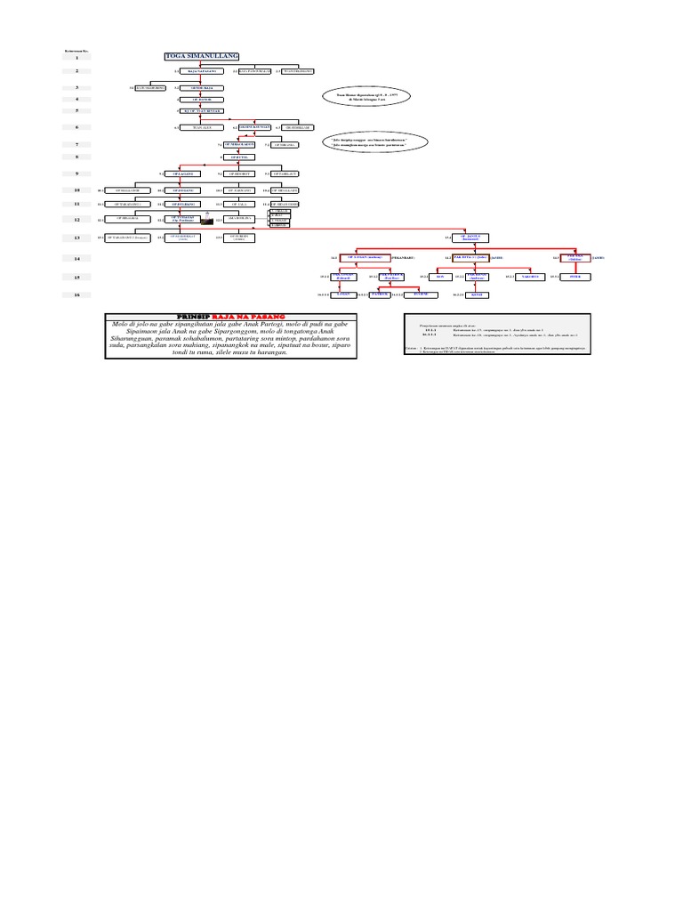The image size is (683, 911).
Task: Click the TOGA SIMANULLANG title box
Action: (203, 57)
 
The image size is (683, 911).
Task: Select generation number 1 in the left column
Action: (77, 57)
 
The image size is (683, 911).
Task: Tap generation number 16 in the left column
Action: (77, 294)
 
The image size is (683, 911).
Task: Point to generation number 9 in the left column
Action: (77, 173)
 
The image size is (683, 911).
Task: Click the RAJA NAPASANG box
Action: (203, 70)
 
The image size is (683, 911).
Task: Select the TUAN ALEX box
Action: (203, 127)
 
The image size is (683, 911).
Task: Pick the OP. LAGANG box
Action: (182, 173)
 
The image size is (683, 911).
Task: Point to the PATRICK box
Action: (380, 294)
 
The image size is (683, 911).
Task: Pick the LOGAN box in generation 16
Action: (344, 294)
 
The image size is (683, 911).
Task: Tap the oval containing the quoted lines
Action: (374, 141)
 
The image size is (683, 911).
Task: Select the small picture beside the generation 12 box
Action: (207, 217)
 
